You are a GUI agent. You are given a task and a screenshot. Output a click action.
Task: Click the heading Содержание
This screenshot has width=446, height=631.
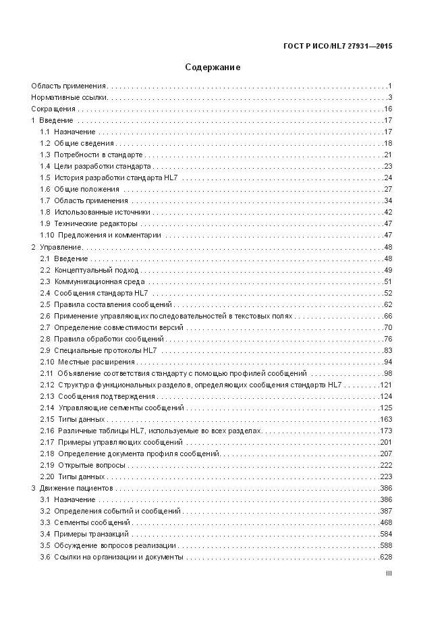213,67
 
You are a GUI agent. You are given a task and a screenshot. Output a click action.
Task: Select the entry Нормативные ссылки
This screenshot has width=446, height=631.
69,98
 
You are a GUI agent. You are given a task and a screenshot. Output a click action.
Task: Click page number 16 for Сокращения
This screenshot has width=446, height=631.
387,109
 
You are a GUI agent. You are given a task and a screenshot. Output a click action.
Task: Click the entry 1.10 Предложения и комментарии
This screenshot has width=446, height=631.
101,235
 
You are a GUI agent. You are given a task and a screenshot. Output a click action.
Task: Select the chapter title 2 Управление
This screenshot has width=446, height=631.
57,247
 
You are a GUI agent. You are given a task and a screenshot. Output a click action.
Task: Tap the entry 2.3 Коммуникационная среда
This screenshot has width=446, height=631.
92,281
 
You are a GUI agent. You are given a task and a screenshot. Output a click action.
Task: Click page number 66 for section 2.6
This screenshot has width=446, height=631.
387,316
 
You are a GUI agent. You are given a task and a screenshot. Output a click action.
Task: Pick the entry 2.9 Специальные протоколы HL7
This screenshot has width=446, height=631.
99,350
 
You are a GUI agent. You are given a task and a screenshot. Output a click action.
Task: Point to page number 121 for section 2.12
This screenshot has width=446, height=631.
385,385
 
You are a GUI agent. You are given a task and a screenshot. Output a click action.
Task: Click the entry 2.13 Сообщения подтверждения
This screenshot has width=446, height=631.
98,396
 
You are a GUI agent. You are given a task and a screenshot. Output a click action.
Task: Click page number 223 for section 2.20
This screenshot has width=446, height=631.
385,476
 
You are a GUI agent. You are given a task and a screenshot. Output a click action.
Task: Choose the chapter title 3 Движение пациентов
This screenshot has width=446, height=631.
72,488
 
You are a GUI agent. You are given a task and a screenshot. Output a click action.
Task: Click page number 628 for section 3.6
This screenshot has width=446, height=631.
385,557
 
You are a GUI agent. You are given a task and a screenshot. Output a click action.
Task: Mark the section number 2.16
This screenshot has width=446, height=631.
47,431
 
